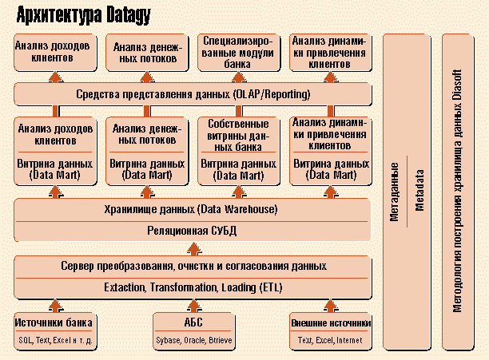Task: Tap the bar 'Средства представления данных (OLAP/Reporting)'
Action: (x=193, y=94)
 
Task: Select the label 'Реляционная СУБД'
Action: (x=193, y=231)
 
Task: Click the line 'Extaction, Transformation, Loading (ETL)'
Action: (x=193, y=287)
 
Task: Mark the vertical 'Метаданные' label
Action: (x=395, y=189)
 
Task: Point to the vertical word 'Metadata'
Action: (x=419, y=189)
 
